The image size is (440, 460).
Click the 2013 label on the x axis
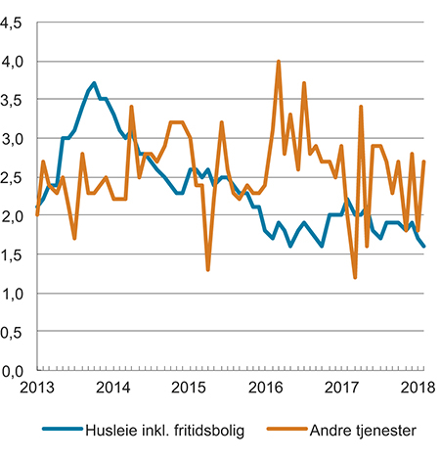tap(37, 387)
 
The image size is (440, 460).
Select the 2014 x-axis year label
tap(113, 387)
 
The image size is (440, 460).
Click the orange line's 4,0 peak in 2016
tap(279, 62)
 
